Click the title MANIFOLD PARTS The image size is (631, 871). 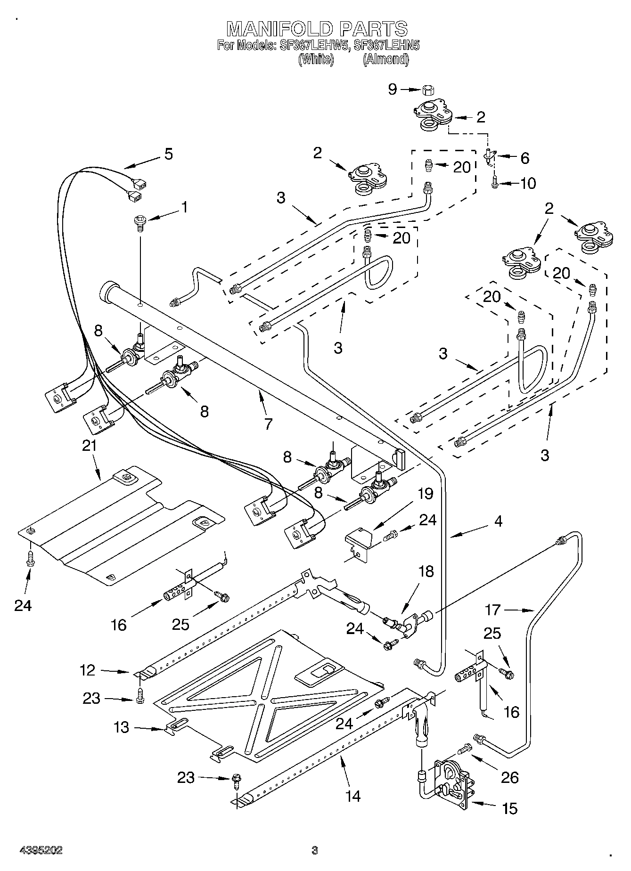click(317, 29)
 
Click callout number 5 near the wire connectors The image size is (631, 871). click(168, 154)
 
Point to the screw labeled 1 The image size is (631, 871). click(139, 223)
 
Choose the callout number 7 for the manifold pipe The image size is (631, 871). click(268, 423)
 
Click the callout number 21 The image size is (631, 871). click(89, 445)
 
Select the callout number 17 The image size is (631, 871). click(492, 610)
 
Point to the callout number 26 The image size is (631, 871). click(510, 777)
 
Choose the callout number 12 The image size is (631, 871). click(88, 670)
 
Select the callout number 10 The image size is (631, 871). click(528, 183)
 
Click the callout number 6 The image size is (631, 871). click(524, 158)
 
